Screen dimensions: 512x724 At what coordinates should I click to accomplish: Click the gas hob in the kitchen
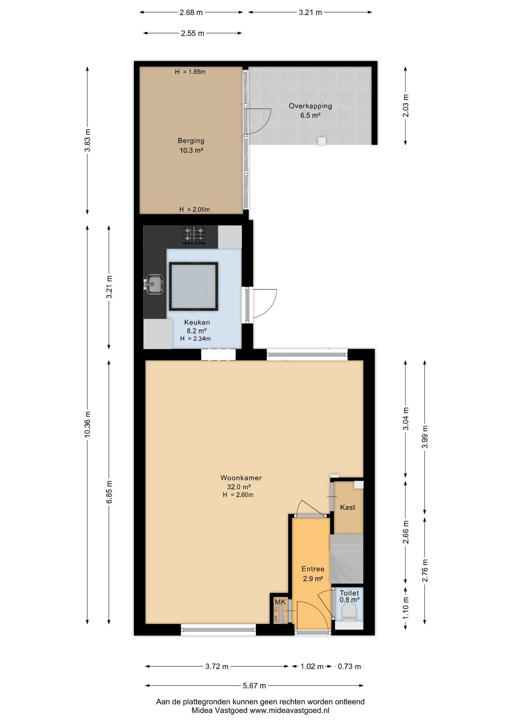(x=194, y=235)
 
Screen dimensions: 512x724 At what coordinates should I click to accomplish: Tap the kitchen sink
(x=154, y=284)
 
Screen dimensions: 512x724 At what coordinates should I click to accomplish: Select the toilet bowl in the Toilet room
(x=349, y=612)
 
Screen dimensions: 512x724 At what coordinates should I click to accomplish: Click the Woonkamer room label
(x=241, y=478)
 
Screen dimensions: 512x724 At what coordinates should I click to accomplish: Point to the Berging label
(x=191, y=141)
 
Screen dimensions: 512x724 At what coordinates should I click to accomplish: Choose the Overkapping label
(x=310, y=106)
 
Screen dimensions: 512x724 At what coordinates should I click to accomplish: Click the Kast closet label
(x=348, y=508)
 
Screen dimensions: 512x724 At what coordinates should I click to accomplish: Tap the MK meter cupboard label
(x=280, y=602)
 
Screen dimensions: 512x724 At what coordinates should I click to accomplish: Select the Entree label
(x=313, y=569)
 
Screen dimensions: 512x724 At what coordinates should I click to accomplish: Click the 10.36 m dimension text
(x=87, y=424)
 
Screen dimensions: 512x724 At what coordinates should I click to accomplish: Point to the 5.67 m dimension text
(x=254, y=686)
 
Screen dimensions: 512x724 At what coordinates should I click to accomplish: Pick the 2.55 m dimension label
(x=193, y=33)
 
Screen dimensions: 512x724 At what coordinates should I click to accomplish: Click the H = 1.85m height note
(x=190, y=72)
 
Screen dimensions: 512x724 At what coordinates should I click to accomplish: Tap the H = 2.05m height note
(x=195, y=209)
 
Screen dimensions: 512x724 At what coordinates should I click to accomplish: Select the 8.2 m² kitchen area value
(x=196, y=331)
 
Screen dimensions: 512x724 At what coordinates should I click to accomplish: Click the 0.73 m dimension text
(x=349, y=666)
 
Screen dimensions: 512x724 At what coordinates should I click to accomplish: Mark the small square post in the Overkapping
(x=322, y=141)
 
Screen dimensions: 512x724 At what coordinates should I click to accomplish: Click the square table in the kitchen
(x=193, y=286)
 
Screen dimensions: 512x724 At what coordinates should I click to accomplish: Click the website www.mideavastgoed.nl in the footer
(x=290, y=710)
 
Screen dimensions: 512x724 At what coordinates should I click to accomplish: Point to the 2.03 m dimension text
(x=406, y=105)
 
